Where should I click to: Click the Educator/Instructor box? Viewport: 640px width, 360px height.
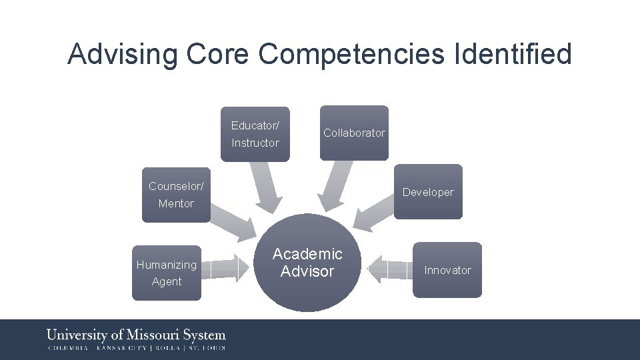coord(256,134)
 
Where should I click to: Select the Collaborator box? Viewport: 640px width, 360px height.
coord(354,133)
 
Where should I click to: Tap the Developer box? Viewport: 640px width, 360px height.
coord(427,192)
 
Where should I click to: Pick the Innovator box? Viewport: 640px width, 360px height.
coord(447,270)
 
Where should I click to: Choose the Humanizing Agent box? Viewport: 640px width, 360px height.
coord(166,273)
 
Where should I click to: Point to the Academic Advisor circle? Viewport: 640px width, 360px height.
coord(307,263)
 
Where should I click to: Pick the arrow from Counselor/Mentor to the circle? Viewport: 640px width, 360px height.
coord(233,223)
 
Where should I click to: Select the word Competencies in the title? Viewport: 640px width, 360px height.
coord(351,54)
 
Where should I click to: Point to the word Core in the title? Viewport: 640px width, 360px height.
coord(219,54)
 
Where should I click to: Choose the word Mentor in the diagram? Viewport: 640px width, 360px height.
coord(176,203)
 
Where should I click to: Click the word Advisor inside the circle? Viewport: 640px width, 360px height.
coord(307,271)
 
